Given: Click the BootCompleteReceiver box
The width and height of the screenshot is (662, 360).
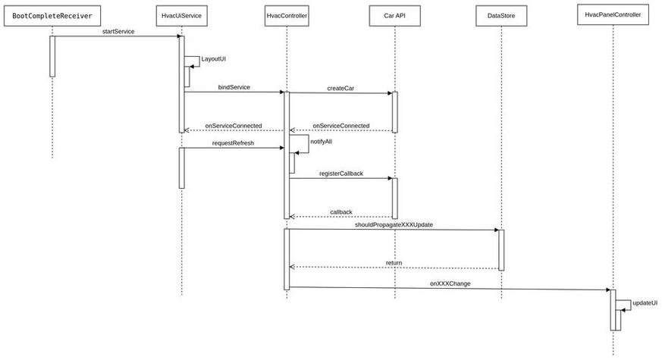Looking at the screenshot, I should tap(52, 15).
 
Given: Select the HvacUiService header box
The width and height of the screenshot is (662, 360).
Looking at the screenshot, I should tap(181, 15).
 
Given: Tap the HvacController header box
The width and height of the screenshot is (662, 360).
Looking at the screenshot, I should tap(287, 15).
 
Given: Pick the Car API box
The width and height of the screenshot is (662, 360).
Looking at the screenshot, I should tap(394, 15).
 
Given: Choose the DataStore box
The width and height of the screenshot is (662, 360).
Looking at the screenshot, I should tap(500, 15).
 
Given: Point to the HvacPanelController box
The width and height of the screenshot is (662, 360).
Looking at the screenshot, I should tap(613, 14).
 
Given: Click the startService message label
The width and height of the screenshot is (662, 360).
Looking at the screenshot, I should tap(118, 32).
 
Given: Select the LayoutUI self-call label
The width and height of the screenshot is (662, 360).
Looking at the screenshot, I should tap(213, 58).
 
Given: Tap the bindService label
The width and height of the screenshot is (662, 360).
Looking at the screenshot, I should tap(234, 87).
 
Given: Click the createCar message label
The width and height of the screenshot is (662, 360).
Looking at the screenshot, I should tap(340, 88).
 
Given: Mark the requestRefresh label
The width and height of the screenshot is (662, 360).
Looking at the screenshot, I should tap(233, 142).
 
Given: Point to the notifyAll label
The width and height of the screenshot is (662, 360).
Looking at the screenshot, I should tap(321, 142).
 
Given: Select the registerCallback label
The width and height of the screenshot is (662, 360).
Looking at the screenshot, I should tap(340, 174).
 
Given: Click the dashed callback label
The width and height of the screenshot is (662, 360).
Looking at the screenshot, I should tap(340, 212).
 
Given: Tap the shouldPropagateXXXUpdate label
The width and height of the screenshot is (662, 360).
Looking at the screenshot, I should tap(394, 225).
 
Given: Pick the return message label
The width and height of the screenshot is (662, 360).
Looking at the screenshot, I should tap(394, 262).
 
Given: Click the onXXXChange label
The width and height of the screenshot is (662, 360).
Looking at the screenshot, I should tap(450, 283).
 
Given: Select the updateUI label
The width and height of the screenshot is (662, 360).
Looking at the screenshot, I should tap(644, 302).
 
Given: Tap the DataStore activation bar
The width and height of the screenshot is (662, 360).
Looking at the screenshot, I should tap(500, 249).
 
